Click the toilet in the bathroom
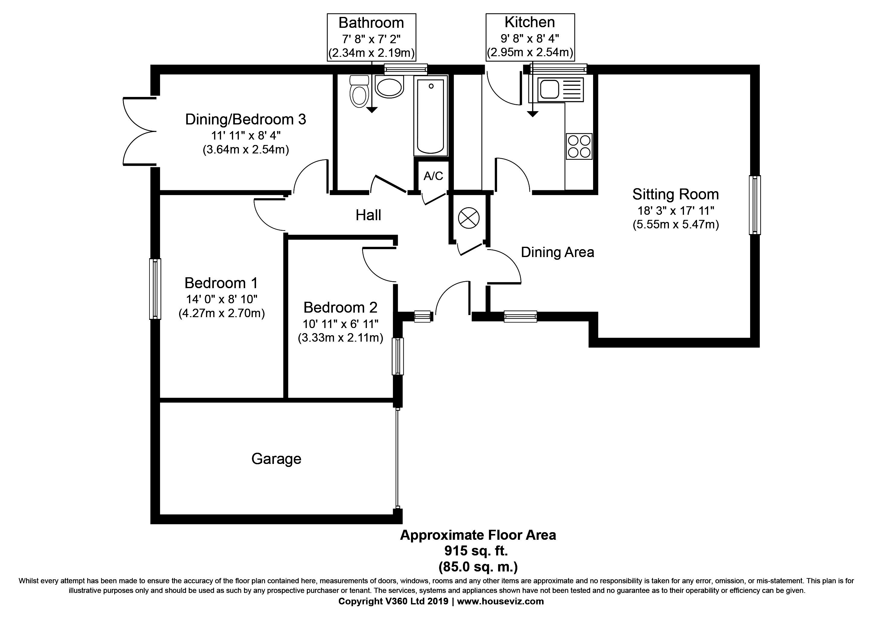[360, 92]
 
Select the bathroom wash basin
[389, 87]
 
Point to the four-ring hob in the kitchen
[579, 146]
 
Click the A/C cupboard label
[433, 176]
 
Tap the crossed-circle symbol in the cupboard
[469, 218]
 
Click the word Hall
[368, 215]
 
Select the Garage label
[276, 459]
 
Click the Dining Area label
[557, 252]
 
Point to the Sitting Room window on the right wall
[755, 205]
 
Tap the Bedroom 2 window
[398, 356]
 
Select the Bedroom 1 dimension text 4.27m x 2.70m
[222, 314]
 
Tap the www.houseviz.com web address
[500, 601]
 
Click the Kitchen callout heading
[530, 22]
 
